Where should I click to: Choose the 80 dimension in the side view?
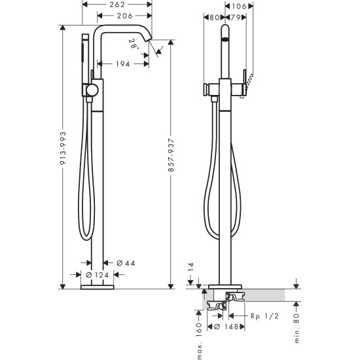tap(214, 18)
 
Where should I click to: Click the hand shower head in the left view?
tap(85, 46)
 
